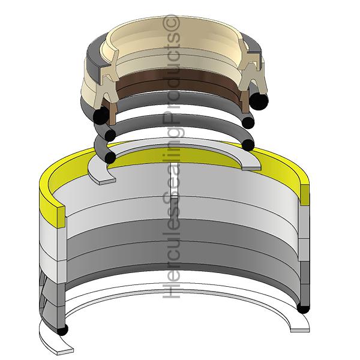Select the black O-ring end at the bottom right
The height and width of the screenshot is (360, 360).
(x=303, y=308)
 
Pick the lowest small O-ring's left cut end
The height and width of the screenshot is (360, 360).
(x=109, y=156)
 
